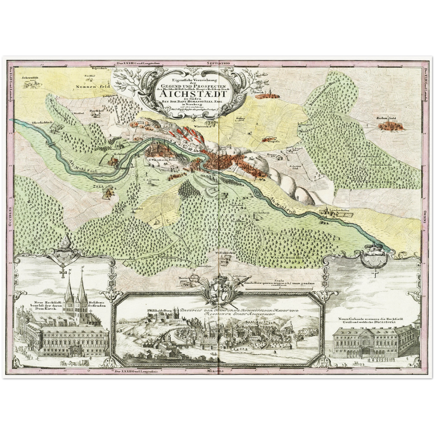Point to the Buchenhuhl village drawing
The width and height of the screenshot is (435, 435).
pos(390,126)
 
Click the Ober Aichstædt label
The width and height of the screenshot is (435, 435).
pos(42,123)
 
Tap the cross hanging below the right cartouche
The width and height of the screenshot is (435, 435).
pos(375,273)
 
